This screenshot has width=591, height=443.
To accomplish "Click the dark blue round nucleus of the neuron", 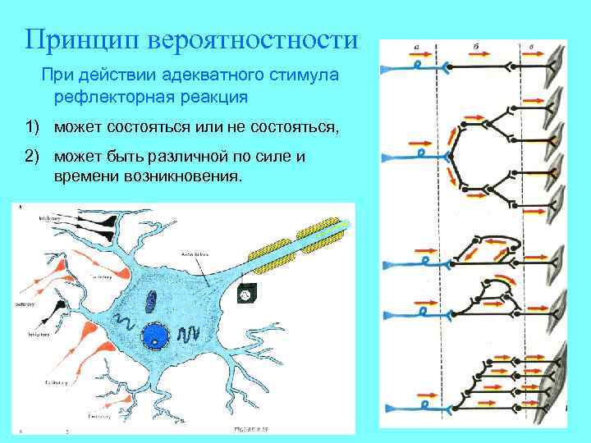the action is coord(155,335).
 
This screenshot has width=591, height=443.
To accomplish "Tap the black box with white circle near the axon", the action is coord(245,291).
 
